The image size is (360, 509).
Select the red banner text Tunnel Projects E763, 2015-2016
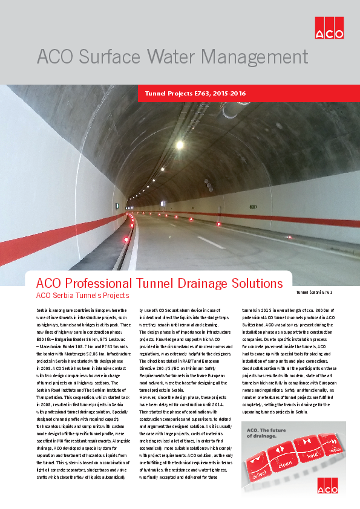(195, 94)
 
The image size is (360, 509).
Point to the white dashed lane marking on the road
(211, 242)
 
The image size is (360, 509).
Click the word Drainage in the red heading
(197, 283)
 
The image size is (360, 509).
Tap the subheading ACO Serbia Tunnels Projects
(82, 296)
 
